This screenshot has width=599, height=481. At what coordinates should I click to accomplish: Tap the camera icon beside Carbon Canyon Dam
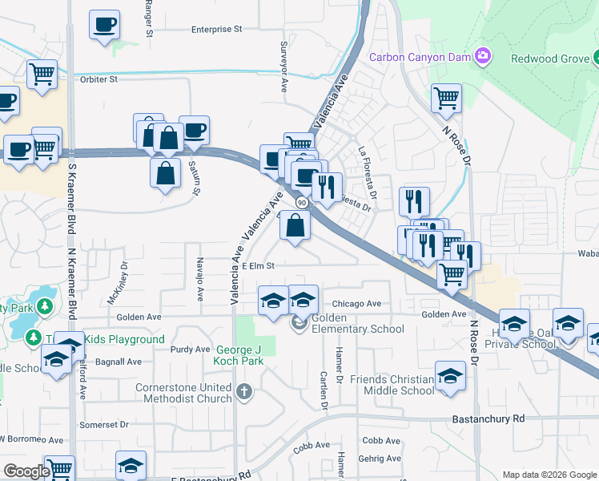[x=483, y=55]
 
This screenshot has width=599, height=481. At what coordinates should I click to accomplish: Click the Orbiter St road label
[x=98, y=79]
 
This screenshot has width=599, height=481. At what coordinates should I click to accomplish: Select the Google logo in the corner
[x=26, y=471]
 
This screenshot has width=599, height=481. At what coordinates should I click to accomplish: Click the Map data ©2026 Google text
[x=549, y=475]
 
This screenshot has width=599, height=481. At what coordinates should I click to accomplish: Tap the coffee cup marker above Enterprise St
[x=104, y=25]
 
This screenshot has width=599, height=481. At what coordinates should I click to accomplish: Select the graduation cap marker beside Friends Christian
[x=451, y=376]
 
